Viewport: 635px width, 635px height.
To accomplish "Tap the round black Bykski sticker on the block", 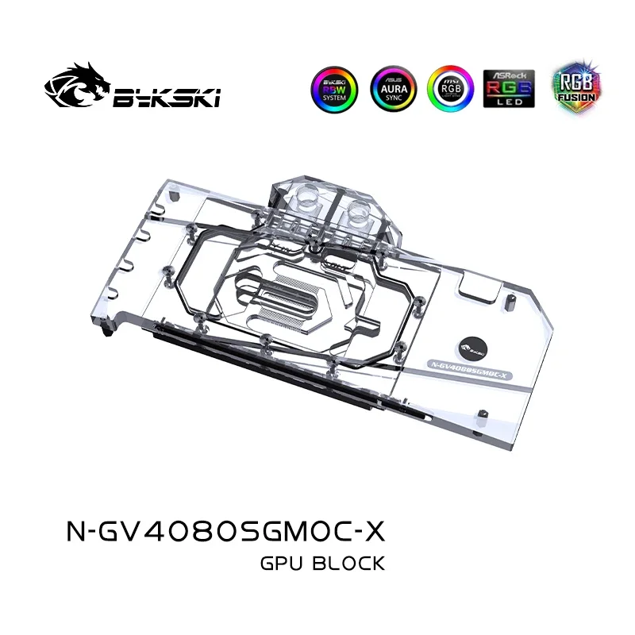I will pos(473,346).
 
